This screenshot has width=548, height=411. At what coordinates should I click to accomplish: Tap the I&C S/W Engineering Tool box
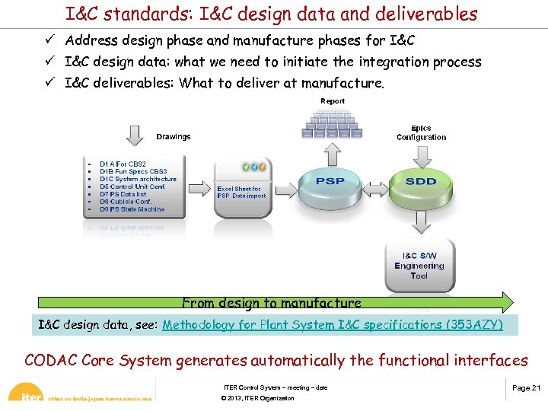[419, 266]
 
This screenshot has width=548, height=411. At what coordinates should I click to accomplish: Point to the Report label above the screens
[333, 100]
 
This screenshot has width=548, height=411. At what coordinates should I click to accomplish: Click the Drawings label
[174, 137]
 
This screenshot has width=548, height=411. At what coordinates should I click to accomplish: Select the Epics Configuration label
[421, 133]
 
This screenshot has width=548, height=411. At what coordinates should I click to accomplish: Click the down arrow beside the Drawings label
[135, 135]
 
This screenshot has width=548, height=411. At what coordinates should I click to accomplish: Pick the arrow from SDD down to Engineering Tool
[419, 222]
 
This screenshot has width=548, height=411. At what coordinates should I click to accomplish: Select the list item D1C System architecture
[138, 179]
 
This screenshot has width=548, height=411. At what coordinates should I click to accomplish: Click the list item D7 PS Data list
[123, 194]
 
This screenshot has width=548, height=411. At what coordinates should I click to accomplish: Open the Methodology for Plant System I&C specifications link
[333, 325]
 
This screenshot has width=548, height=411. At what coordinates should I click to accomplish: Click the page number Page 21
[526, 388]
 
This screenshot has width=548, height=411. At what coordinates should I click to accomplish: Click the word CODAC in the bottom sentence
[53, 360]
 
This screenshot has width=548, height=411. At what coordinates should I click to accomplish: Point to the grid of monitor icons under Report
[331, 124]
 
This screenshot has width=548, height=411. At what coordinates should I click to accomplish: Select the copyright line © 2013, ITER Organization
[257, 398]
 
